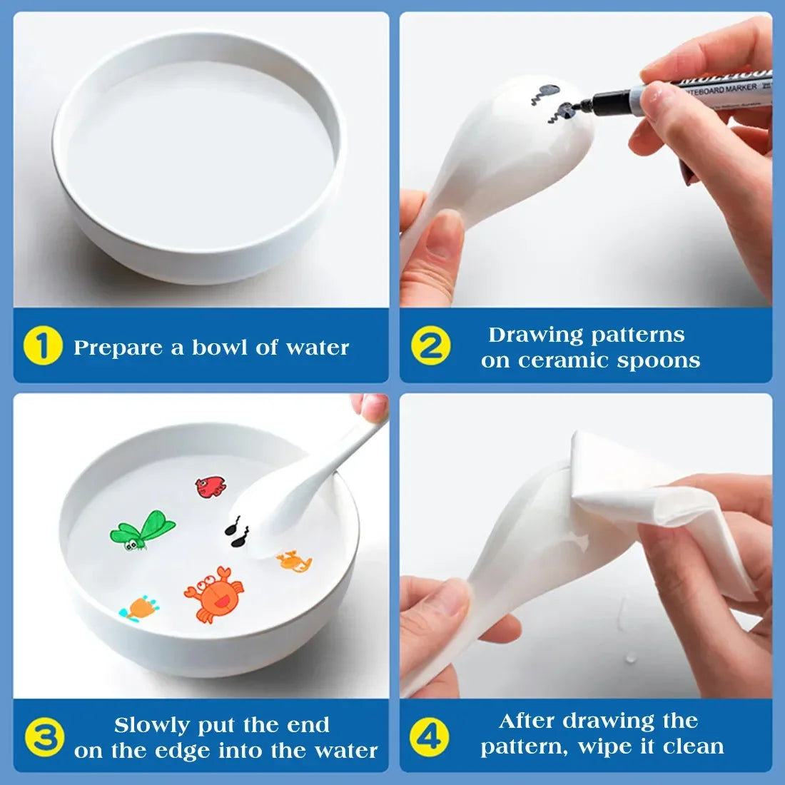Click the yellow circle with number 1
(43, 347)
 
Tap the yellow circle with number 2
(430, 346)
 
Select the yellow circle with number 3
(44, 737)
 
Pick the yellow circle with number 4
(430, 735)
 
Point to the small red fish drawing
(211, 487)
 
